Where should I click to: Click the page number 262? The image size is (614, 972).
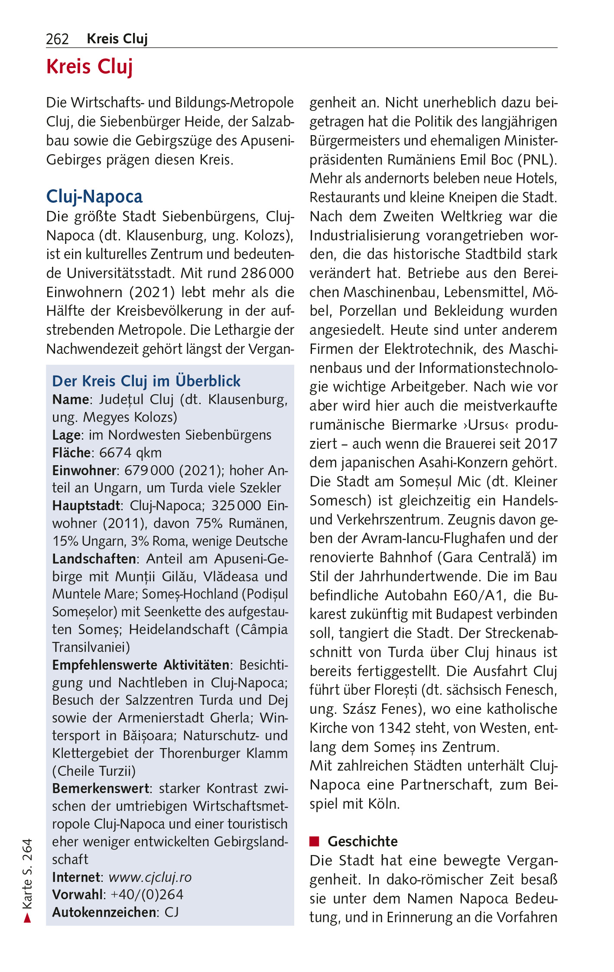(x=57, y=39)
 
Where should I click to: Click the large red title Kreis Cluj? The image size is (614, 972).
(x=89, y=67)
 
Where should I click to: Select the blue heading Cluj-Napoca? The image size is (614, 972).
(x=94, y=197)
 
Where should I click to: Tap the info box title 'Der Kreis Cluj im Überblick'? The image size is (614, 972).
(x=146, y=381)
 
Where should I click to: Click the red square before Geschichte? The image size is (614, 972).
(x=314, y=841)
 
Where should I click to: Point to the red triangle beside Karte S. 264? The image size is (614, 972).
(x=27, y=918)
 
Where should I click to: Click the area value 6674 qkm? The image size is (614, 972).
(x=130, y=453)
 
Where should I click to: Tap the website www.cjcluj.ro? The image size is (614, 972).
(x=150, y=877)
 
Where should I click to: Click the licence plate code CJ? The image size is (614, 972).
(x=172, y=912)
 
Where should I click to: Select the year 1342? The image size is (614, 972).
(x=394, y=728)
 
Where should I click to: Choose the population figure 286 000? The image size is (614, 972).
(x=267, y=273)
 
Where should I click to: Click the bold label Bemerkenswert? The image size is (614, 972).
(x=101, y=788)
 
